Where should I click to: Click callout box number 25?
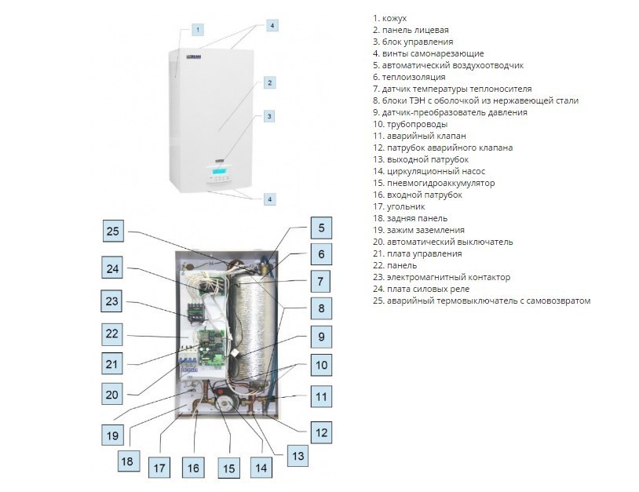(x=115, y=231)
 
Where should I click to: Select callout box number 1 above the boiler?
(x=198, y=30)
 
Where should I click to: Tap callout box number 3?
(x=269, y=116)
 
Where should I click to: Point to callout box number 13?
(x=297, y=455)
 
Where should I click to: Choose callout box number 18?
(x=127, y=461)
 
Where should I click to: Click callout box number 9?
(x=320, y=337)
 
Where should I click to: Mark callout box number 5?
(x=320, y=228)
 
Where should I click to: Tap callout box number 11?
(x=320, y=396)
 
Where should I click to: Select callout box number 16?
(x=193, y=468)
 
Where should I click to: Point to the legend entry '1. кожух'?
(x=390, y=18)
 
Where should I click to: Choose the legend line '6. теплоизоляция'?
(x=409, y=77)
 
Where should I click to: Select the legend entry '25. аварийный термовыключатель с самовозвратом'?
(x=481, y=301)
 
